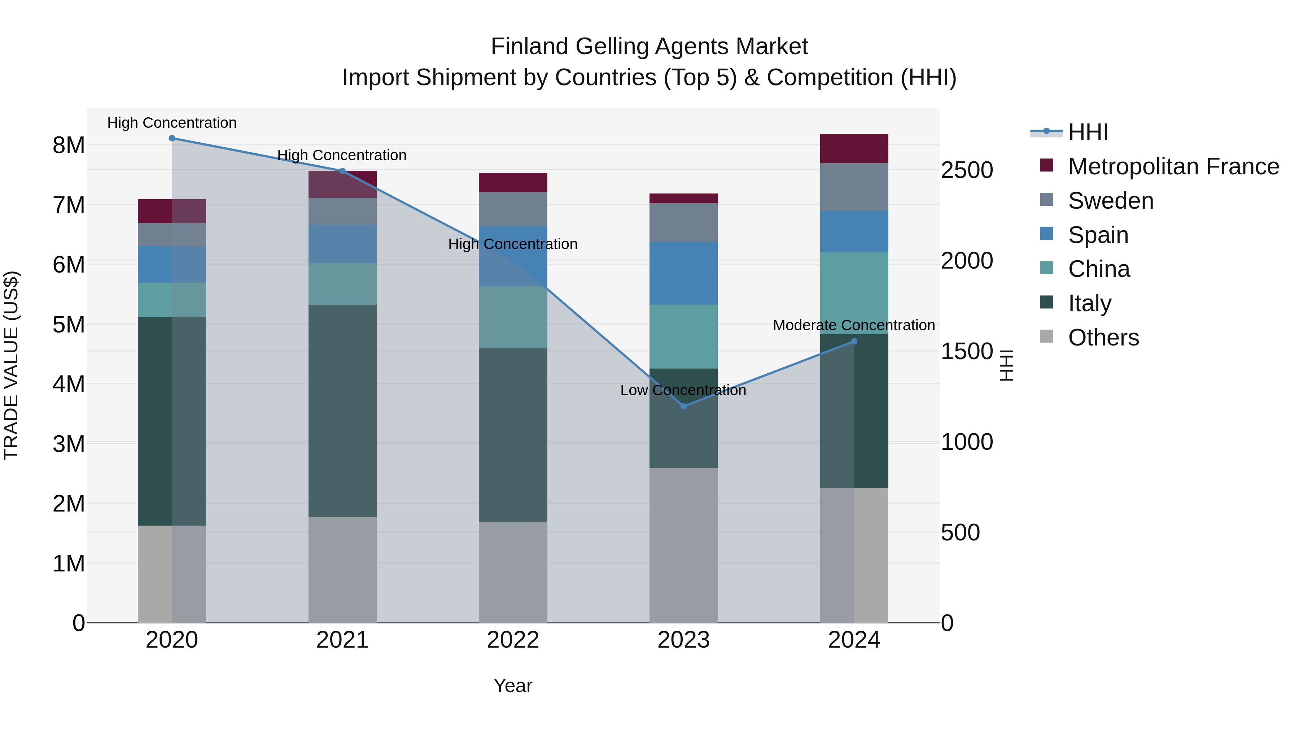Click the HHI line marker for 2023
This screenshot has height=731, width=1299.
tap(683, 406)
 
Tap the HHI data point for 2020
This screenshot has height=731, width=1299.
tap(172, 138)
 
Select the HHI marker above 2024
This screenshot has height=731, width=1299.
tap(854, 341)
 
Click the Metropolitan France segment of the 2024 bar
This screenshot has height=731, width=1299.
tap(854, 148)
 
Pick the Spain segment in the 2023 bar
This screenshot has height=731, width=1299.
tap(683, 273)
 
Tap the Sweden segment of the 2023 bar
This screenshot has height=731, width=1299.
tap(683, 222)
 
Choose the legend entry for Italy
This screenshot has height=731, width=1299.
tap(1089, 303)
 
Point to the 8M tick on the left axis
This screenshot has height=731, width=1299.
tap(69, 145)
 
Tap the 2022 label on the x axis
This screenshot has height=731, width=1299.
tap(513, 640)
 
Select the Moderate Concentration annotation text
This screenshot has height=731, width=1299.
tap(853, 325)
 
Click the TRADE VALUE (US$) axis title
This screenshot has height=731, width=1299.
tap(11, 365)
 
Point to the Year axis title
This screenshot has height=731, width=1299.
tap(513, 686)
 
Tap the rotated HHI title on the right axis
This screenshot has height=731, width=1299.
tap(1006, 365)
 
